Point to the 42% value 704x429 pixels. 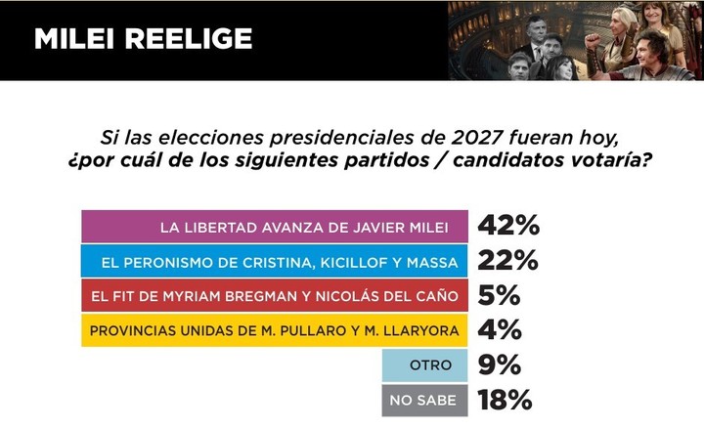click(x=507, y=227)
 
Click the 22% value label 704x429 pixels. click(x=507, y=261)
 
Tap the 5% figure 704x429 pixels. click(x=499, y=295)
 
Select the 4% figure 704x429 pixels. click(x=499, y=330)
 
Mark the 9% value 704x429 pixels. click(x=499, y=365)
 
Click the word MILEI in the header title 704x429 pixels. click(x=78, y=39)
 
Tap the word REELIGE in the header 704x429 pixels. click(x=192, y=39)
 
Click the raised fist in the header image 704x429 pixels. click(x=593, y=43)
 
